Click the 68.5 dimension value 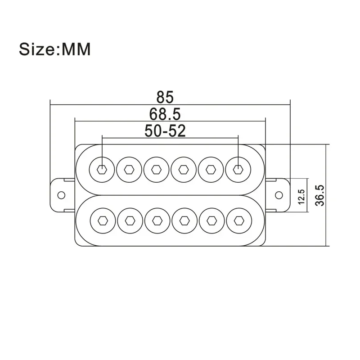[165, 113]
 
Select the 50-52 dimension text [165, 130]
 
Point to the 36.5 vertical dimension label [320, 195]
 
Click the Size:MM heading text [54, 49]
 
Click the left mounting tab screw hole [61, 195]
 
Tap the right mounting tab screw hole [279, 195]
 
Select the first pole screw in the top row [102, 169]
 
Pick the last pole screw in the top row [238, 169]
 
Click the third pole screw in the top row [156, 169]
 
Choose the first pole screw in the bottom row [102, 220]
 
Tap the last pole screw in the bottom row [238, 220]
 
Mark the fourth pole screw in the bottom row [184, 220]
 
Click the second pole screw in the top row [129, 169]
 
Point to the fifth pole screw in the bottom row [211, 220]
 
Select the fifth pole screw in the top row [211, 169]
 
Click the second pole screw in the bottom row [129, 220]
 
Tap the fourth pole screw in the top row [184, 169]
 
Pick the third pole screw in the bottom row [156, 220]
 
